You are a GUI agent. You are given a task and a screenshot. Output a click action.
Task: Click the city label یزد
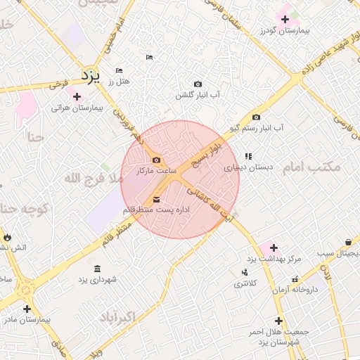[91, 73]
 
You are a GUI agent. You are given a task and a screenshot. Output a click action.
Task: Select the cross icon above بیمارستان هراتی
[77, 96]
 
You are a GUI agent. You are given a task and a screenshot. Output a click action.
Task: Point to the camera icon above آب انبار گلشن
[197, 84]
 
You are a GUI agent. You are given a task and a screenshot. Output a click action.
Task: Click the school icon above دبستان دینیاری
[247, 156]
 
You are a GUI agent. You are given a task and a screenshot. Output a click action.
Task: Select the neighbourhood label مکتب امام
[311, 167]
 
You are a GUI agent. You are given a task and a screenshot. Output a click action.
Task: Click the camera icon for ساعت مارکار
[156, 160]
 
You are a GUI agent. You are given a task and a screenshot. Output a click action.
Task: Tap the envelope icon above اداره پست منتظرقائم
[155, 199]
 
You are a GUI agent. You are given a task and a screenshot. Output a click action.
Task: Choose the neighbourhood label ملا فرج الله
[94, 179]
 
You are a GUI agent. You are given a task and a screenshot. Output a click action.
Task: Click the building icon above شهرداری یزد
[96, 269]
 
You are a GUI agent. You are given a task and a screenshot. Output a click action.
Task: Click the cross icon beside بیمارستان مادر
[27, 308]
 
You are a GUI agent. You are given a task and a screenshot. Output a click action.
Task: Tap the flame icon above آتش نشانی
[7, 237]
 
